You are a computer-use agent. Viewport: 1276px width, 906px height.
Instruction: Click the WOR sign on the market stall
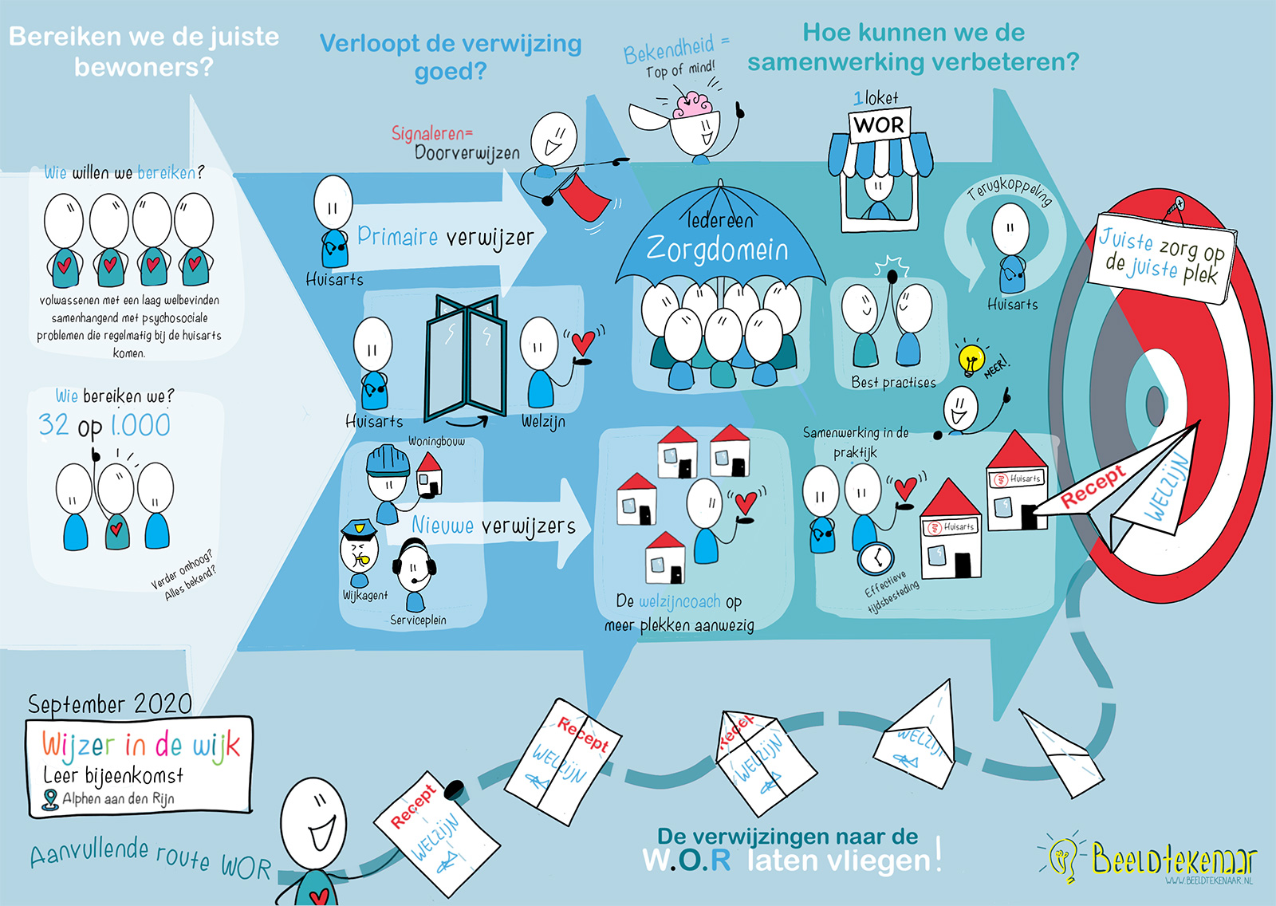click(879, 125)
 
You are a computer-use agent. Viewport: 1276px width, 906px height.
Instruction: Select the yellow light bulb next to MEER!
click(970, 357)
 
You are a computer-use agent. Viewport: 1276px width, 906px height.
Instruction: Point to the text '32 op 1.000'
click(104, 425)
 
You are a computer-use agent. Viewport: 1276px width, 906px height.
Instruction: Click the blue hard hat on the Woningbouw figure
click(388, 460)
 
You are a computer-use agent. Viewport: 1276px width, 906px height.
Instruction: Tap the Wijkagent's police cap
click(357, 528)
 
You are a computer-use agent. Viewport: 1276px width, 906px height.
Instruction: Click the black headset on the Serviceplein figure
click(414, 556)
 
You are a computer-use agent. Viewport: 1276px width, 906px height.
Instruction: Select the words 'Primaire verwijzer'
click(445, 237)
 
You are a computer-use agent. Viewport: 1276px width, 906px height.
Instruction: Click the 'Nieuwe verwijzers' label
click(493, 526)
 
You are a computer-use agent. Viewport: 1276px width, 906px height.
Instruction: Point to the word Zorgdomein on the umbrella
click(717, 250)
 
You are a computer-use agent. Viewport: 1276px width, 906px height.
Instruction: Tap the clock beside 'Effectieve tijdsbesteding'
click(876, 558)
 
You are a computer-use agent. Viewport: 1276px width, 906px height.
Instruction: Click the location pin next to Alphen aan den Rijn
click(50, 799)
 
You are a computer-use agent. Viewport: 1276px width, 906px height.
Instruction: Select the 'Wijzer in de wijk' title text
click(140, 746)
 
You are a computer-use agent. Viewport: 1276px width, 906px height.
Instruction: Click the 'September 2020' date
click(110, 704)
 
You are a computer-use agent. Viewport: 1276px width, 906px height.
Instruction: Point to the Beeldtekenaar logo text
click(1172, 861)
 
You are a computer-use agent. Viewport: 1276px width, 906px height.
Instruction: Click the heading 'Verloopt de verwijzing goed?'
click(451, 57)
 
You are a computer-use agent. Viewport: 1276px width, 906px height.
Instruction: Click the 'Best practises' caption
click(893, 383)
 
